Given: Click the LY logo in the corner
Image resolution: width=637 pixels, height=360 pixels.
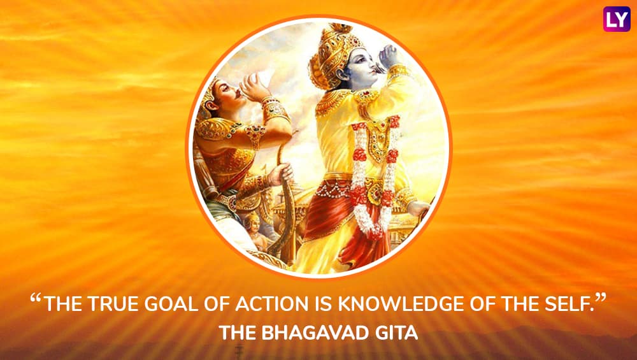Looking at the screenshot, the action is (x=617, y=19).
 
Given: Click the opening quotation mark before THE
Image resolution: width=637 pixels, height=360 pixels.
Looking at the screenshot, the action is (x=36, y=299).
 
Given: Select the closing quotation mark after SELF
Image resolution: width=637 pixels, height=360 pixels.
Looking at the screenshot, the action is (x=601, y=299).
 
